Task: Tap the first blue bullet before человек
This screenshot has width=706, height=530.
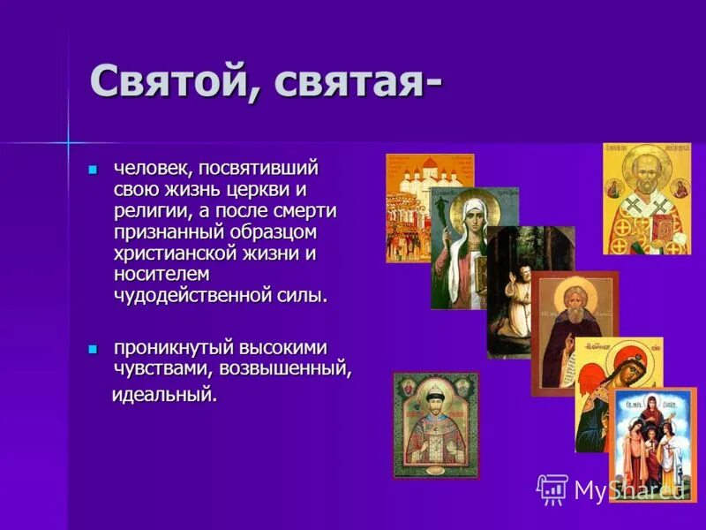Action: click(94, 168)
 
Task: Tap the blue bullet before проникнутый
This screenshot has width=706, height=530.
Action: click(94, 349)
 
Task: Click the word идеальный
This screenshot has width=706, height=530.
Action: click(165, 393)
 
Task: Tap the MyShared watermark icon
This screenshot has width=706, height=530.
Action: click(552, 488)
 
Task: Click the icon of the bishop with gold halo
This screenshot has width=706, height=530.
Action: click(646, 199)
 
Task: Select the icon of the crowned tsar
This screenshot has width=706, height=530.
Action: click(436, 424)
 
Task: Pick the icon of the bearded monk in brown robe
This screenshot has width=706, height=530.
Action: click(572, 331)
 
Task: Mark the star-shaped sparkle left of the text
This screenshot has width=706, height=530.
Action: click(66, 141)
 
